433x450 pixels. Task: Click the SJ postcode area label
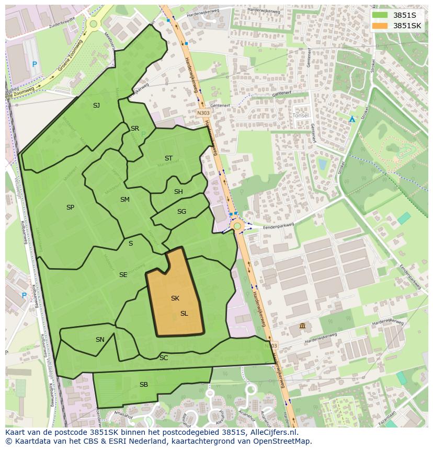pyautogui.click(x=96, y=106)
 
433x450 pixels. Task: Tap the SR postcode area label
pyautogui.click(x=135, y=129)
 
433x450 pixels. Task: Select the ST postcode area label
pyautogui.click(x=168, y=158)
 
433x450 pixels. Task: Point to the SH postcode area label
pyautogui.click(x=178, y=192)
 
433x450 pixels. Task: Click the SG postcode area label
pyautogui.click(x=181, y=212)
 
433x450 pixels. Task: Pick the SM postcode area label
pyautogui.click(x=124, y=200)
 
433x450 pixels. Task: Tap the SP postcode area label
pyautogui.click(x=70, y=207)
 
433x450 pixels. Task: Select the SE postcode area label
pyautogui.click(x=123, y=275)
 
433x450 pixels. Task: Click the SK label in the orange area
pyautogui.click(x=175, y=298)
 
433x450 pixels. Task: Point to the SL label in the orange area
pyautogui.click(x=184, y=314)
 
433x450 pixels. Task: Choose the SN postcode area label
pyautogui.click(x=100, y=340)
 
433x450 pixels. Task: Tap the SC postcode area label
pyautogui.click(x=164, y=358)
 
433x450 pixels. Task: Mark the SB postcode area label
pyautogui.click(x=144, y=385)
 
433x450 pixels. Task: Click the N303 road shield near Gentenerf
pyautogui.click(x=203, y=113)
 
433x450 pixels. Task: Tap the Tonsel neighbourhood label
pyautogui.click(x=301, y=115)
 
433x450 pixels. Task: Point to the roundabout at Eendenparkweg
pyautogui.click(x=237, y=226)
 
